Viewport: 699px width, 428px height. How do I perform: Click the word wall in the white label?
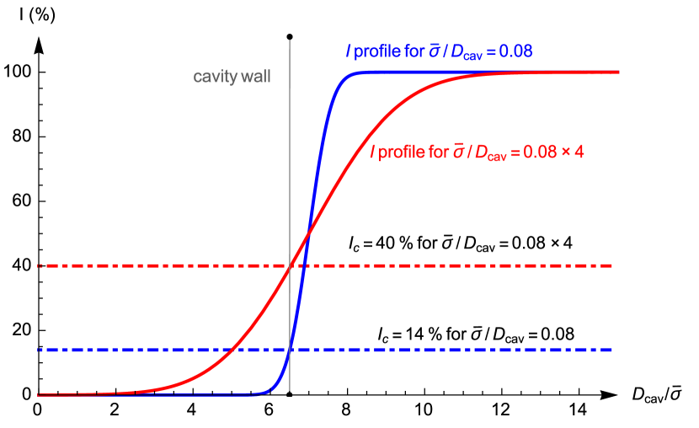256,78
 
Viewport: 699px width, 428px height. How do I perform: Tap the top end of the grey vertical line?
290,40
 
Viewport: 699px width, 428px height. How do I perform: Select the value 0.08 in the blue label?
515,51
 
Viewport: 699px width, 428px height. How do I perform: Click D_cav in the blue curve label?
464,53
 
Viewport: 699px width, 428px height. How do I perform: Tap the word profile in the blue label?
377,52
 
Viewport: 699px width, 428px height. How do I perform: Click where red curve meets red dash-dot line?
291,266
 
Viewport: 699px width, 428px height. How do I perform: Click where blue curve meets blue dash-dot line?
291,350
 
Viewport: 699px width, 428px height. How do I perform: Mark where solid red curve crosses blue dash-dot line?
229,350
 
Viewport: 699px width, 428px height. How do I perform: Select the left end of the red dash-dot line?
39,266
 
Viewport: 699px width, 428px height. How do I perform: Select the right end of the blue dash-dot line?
611,350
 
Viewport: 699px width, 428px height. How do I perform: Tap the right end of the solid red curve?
619,72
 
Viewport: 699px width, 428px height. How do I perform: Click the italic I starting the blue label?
349,51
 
